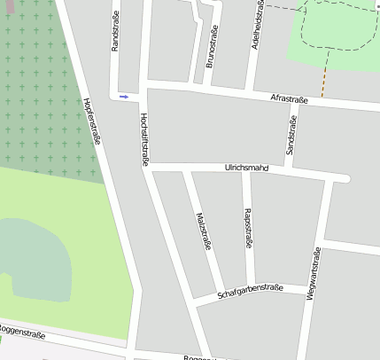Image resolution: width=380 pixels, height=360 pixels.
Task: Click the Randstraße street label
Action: coord(115,32)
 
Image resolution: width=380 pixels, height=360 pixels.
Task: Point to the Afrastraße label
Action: coord(289,100)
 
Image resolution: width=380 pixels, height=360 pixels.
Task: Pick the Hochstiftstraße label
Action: coord(143,139)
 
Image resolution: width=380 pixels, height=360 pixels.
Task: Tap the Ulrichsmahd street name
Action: coord(246,167)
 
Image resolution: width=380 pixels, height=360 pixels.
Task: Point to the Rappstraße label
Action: coord(247,232)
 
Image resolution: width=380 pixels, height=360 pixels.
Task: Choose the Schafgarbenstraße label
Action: coord(250,291)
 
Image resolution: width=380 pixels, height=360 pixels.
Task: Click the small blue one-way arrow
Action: coord(124,96)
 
